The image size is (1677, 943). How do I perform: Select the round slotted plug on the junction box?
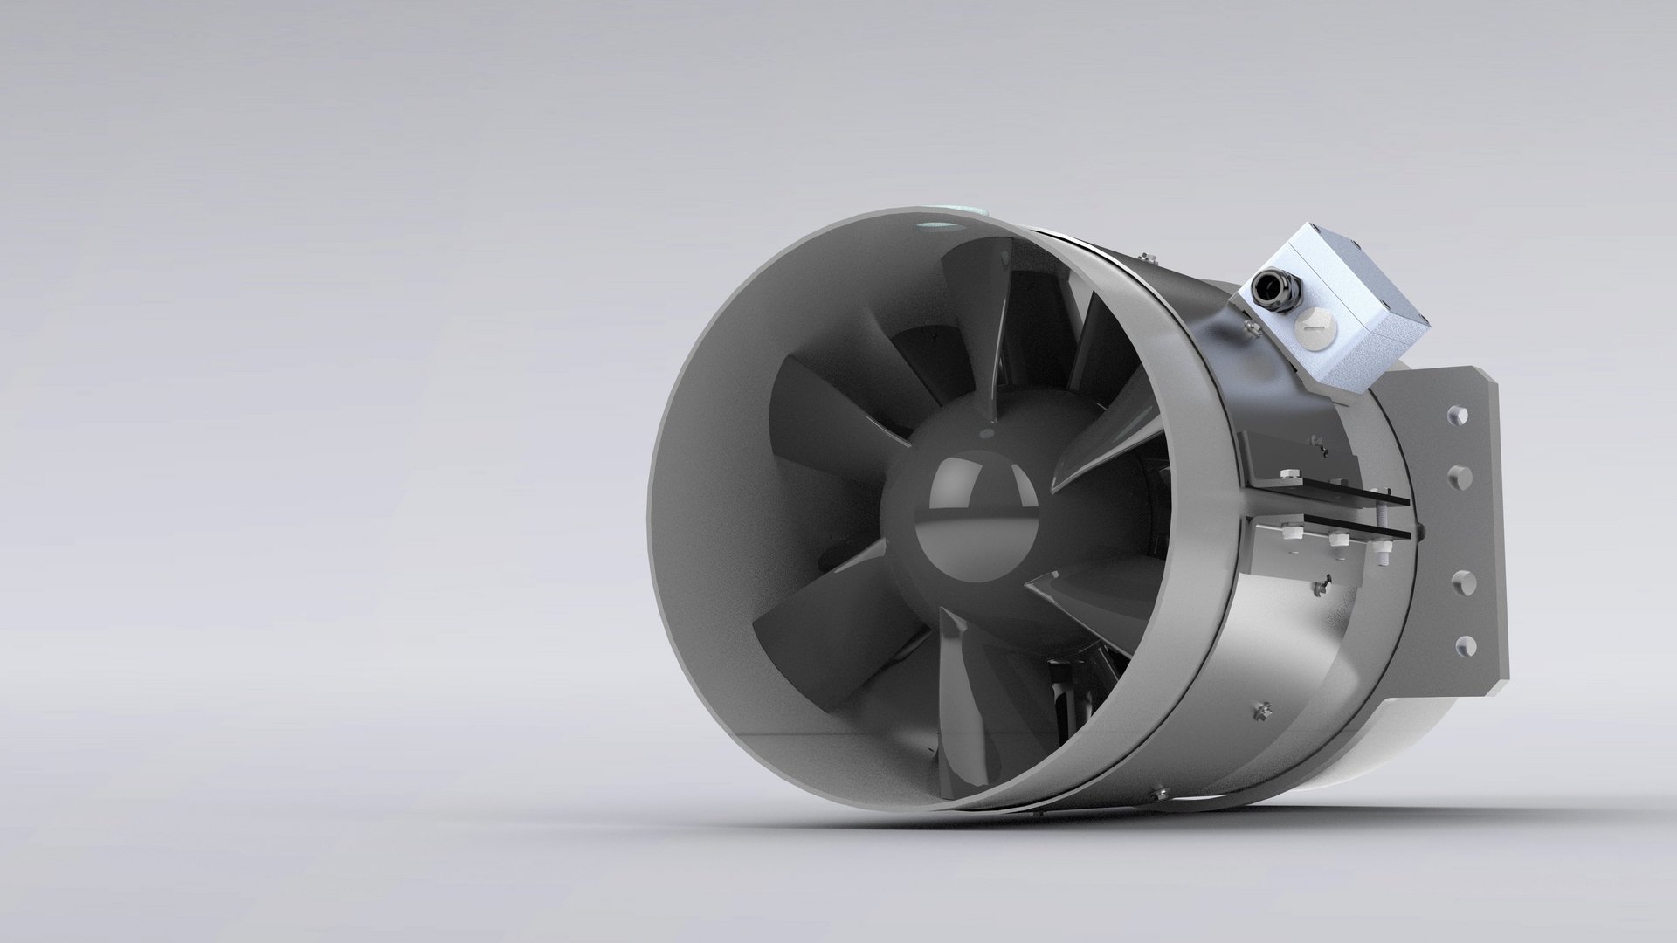point(1308,328)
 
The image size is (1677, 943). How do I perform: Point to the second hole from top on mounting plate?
point(1459,477)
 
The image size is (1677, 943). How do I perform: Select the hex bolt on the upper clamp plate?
point(1287,478)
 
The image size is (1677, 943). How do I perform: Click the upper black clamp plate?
point(1328,489)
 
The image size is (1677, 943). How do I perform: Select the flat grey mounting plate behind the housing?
point(1441,524)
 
